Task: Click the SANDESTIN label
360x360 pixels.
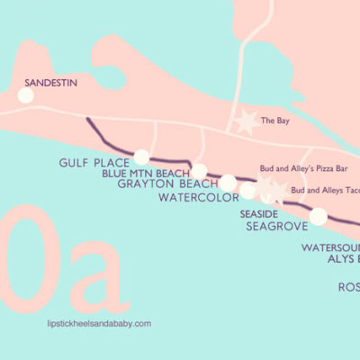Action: (x=49, y=78)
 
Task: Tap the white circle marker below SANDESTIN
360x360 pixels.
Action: (x=25, y=94)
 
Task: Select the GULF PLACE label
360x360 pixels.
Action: (x=90, y=163)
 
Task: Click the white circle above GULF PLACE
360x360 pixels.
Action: (x=141, y=157)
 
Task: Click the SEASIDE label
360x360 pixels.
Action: (x=260, y=214)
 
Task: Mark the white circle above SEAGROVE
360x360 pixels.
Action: (x=319, y=216)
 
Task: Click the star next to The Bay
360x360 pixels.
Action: (x=244, y=121)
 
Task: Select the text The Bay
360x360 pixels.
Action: (x=274, y=120)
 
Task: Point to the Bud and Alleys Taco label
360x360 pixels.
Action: (x=324, y=190)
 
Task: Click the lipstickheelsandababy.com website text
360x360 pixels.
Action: (x=97, y=322)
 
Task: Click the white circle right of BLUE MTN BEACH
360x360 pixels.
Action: (x=199, y=171)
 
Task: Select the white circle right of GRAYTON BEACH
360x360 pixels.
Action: (x=229, y=184)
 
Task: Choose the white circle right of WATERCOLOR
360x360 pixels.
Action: (x=247, y=190)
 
